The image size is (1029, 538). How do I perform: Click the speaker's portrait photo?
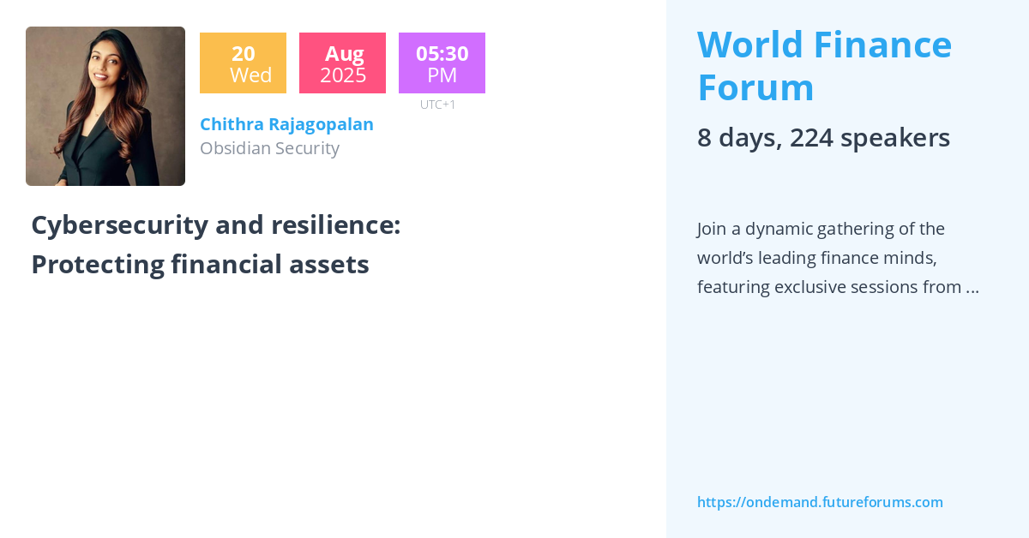coord(105,106)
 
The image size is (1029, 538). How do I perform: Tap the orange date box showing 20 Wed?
coord(243,63)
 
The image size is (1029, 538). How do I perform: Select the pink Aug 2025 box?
coord(342,63)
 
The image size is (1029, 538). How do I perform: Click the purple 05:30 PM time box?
coord(442,63)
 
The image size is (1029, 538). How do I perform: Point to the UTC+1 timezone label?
coord(437,105)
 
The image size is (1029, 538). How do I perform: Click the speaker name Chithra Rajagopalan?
coord(286,124)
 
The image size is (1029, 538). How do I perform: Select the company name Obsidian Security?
coord(269,148)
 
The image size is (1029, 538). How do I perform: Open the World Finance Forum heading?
coord(824,66)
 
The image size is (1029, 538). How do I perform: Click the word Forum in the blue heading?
coord(755,87)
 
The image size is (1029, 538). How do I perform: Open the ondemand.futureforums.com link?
coord(820,502)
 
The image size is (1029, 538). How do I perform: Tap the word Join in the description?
coord(713,229)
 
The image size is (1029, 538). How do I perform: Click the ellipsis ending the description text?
coord(972,288)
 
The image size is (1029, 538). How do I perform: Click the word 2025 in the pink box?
coord(342,75)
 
